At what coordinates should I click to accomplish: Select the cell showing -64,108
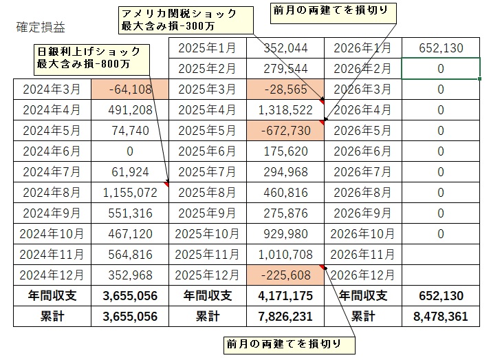[x=129, y=89]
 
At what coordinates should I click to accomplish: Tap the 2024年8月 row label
[x=52, y=193]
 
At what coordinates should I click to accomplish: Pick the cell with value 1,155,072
[x=129, y=193]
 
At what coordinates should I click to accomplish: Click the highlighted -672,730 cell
[x=285, y=131]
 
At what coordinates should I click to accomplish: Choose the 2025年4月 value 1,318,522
[x=285, y=110]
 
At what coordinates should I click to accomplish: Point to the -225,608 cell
[x=285, y=275]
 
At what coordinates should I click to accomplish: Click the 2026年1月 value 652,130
[x=441, y=48]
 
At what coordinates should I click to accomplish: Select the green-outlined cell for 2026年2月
[x=441, y=69]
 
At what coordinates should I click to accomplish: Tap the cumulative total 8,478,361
[x=441, y=317]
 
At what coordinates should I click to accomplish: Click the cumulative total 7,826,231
[x=285, y=317]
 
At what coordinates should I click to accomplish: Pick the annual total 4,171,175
[x=285, y=296]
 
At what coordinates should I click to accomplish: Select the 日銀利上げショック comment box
[x=89, y=57]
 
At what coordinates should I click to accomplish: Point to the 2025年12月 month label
[x=207, y=275]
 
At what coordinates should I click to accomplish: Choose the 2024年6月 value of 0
[x=129, y=151]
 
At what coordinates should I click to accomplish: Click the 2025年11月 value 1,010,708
[x=285, y=255]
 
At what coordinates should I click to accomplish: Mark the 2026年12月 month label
[x=362, y=275]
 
